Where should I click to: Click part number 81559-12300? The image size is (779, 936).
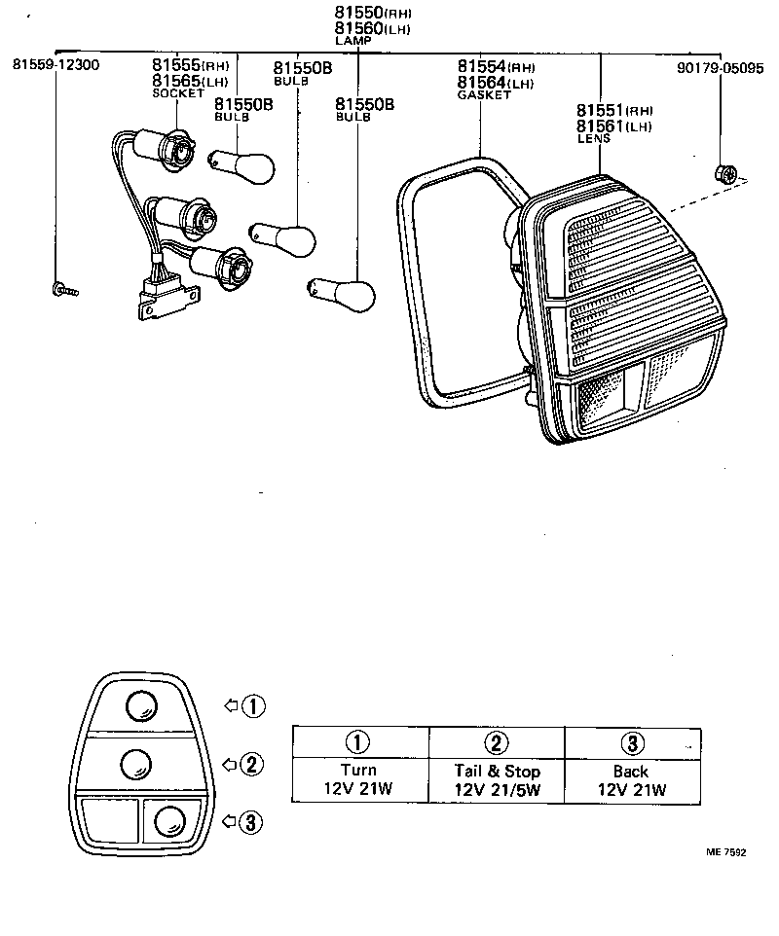pos(56,65)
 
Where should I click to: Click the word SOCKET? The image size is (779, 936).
pos(178,93)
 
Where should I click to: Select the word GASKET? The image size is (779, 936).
pos(480,95)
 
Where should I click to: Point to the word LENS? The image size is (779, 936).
pos(594,139)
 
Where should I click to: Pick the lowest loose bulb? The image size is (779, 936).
pos(342,292)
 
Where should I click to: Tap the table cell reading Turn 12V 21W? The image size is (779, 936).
pos(359,779)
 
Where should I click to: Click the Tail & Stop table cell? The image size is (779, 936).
pos(497,779)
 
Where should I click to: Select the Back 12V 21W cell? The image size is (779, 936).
pos(632,779)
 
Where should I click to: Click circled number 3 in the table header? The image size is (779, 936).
pos(632,743)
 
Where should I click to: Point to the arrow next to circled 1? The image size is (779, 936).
pos(231,705)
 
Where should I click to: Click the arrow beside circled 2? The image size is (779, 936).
pos(231,764)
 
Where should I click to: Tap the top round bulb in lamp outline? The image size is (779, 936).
pos(141,703)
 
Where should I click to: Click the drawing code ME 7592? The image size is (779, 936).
pos(725,852)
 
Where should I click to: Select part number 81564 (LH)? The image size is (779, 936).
pos(496,83)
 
